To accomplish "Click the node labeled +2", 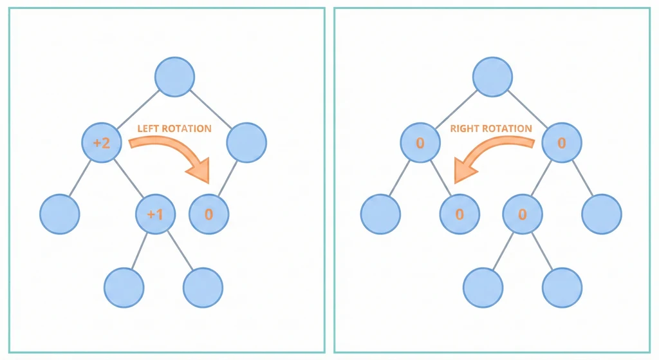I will (102, 143).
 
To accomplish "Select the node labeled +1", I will (155, 214).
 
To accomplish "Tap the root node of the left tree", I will (174, 77).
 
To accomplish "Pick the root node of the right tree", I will (493, 77).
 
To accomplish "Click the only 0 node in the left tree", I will (209, 214).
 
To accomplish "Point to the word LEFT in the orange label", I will (147, 129).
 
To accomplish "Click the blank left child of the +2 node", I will (59, 214).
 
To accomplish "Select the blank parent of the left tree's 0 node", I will (246, 143).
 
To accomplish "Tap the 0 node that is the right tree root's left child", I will (420, 143).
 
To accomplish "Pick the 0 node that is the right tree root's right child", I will (562, 143).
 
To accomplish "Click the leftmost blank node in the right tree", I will (380, 214).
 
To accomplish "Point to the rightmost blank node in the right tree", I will (602, 214).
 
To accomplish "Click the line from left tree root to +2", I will (138, 109).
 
